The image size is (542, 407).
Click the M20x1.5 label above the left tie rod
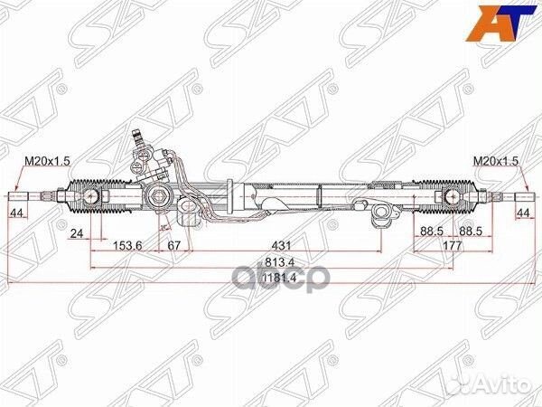(x=42, y=160)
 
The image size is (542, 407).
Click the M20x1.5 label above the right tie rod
(x=497, y=160)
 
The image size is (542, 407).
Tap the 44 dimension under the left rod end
(x=15, y=213)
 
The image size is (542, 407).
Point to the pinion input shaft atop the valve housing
(x=138, y=138)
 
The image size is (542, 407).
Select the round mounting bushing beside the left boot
(x=158, y=196)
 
